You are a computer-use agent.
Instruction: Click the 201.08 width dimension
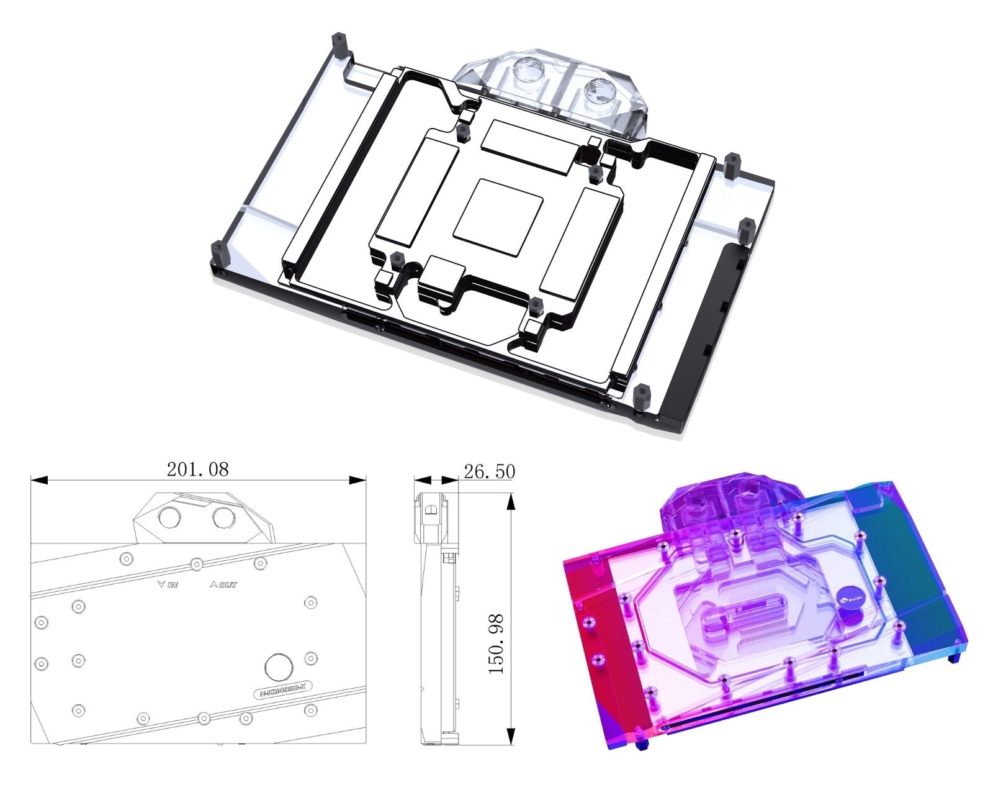click(197, 469)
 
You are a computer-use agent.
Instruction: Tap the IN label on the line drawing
click(168, 584)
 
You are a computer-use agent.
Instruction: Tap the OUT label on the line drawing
click(224, 584)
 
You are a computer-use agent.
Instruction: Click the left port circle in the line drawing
click(169, 517)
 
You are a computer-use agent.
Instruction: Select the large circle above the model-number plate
click(279, 668)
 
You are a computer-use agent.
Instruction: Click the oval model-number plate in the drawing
click(283, 691)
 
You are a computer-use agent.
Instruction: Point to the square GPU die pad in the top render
click(498, 216)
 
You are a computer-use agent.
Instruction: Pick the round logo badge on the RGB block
click(849, 598)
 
